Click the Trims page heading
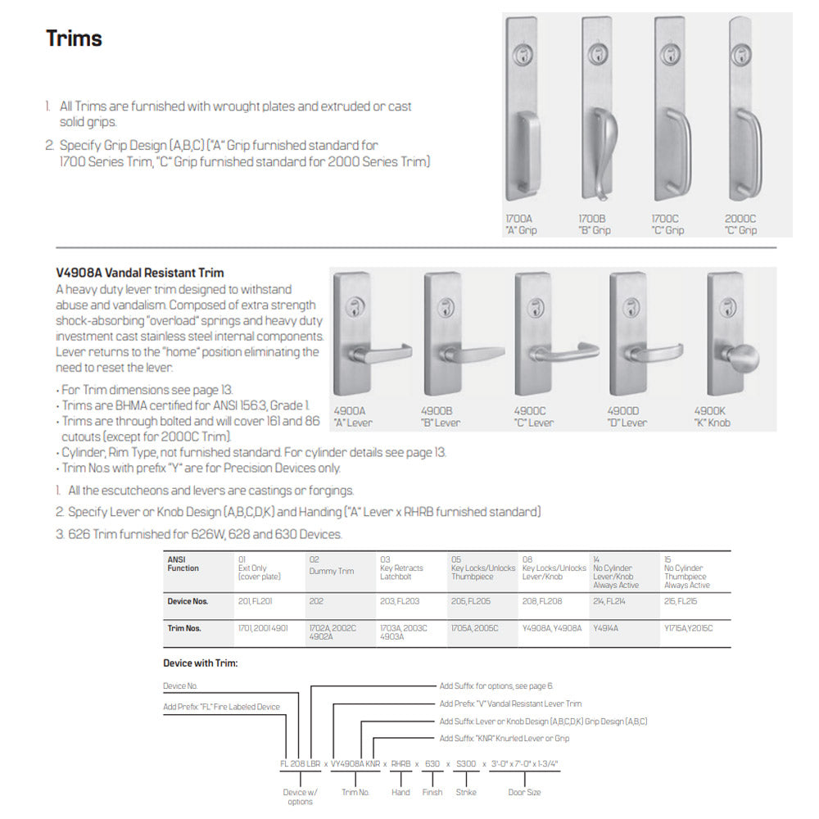click(x=74, y=38)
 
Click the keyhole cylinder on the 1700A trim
click(x=522, y=57)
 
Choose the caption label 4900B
click(x=441, y=412)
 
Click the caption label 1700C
click(x=667, y=220)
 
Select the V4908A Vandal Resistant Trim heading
click(x=139, y=273)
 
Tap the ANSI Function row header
click(x=183, y=564)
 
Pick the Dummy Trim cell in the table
click(x=331, y=571)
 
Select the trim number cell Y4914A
click(x=605, y=628)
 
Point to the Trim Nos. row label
click(x=184, y=628)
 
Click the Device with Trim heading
click(x=201, y=663)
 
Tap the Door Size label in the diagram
click(x=524, y=792)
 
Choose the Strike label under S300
click(x=466, y=792)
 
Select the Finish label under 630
click(x=432, y=792)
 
